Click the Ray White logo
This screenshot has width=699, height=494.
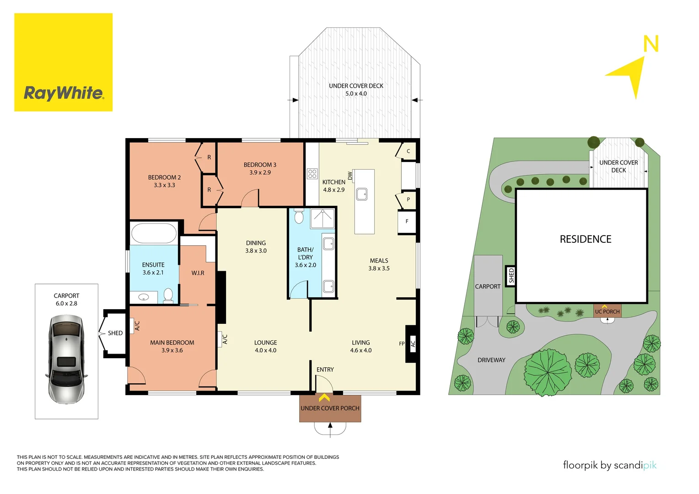(x=63, y=62)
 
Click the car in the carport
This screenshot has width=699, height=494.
(x=66, y=359)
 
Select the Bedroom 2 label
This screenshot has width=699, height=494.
(x=164, y=181)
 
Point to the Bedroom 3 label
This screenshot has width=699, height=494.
(x=260, y=168)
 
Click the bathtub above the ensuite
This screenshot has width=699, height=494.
(x=154, y=233)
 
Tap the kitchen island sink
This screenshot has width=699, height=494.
(x=362, y=194)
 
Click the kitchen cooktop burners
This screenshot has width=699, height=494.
(x=312, y=174)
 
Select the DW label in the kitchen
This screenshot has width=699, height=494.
(x=350, y=176)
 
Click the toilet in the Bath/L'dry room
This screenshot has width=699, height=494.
(x=299, y=216)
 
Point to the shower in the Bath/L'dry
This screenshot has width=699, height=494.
(x=323, y=218)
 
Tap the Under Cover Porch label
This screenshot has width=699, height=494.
(x=330, y=408)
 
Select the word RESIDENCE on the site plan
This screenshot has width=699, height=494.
(x=586, y=239)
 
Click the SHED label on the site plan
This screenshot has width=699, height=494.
(x=511, y=275)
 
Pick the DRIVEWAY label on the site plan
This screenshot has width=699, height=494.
(x=491, y=360)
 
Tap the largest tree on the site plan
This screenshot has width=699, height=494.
(x=548, y=371)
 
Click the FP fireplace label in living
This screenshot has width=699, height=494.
(x=402, y=344)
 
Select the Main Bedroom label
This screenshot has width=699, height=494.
(x=172, y=346)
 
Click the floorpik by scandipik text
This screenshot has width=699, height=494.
(x=609, y=465)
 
